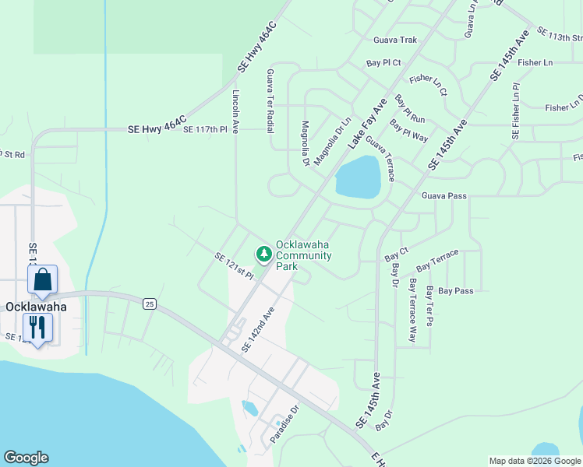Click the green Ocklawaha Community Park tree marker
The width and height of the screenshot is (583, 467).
point(264,254)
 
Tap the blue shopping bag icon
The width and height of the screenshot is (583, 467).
point(43,280)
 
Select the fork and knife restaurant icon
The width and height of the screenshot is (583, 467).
point(37,327)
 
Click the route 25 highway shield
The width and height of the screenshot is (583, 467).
point(149,304)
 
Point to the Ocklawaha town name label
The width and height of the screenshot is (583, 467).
point(35,307)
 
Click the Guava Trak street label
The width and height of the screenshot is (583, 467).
point(396,40)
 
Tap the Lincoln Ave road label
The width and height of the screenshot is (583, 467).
point(235,111)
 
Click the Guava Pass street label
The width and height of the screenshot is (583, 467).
point(444,195)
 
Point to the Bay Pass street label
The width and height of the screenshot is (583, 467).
point(455,291)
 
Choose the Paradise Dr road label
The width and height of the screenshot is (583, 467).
point(284,423)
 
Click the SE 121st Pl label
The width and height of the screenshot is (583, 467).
point(235,266)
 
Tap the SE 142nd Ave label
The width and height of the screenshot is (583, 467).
point(258,329)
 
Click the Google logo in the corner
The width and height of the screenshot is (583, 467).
point(26,458)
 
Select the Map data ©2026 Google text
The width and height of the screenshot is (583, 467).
point(535,461)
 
